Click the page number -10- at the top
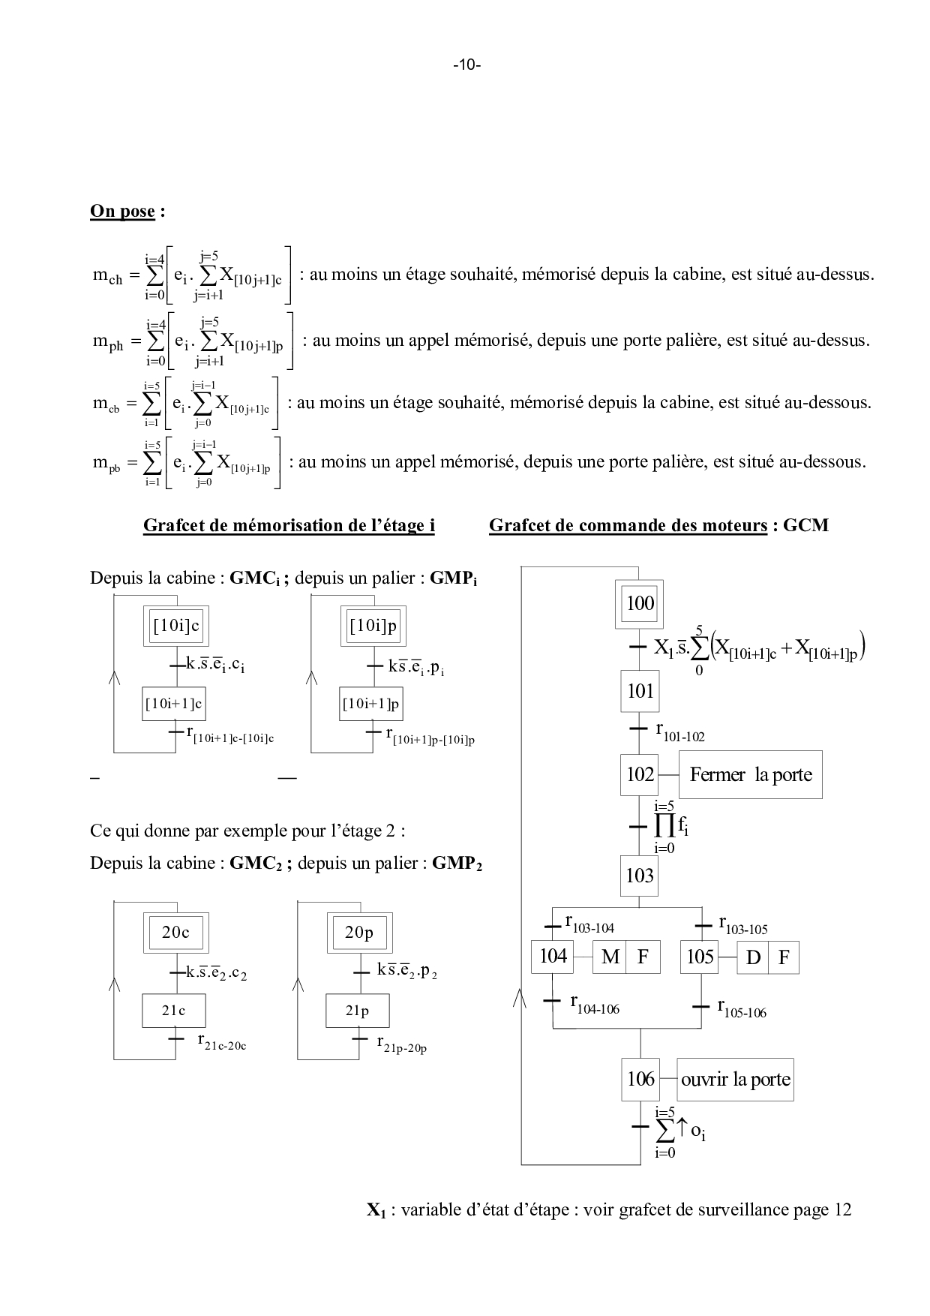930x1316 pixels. coord(466,65)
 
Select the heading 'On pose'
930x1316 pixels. coord(122,211)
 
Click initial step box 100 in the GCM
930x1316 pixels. coord(640,603)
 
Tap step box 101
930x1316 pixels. coord(640,691)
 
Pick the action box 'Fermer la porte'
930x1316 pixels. coord(750,774)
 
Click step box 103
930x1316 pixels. coord(640,876)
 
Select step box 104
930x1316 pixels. coord(553,957)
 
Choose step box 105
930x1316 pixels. coord(700,957)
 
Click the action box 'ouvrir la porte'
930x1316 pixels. coord(735,1080)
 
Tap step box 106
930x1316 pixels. coord(640,1080)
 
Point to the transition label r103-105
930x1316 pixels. coord(742,924)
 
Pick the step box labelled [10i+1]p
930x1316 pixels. coord(371,705)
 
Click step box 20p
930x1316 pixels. coord(359,933)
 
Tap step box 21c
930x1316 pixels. coord(174,1011)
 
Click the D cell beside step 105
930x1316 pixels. coord(753,957)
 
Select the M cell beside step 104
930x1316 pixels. coord(610,957)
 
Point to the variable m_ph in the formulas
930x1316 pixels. coord(107,341)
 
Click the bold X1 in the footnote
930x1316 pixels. coord(376,1210)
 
